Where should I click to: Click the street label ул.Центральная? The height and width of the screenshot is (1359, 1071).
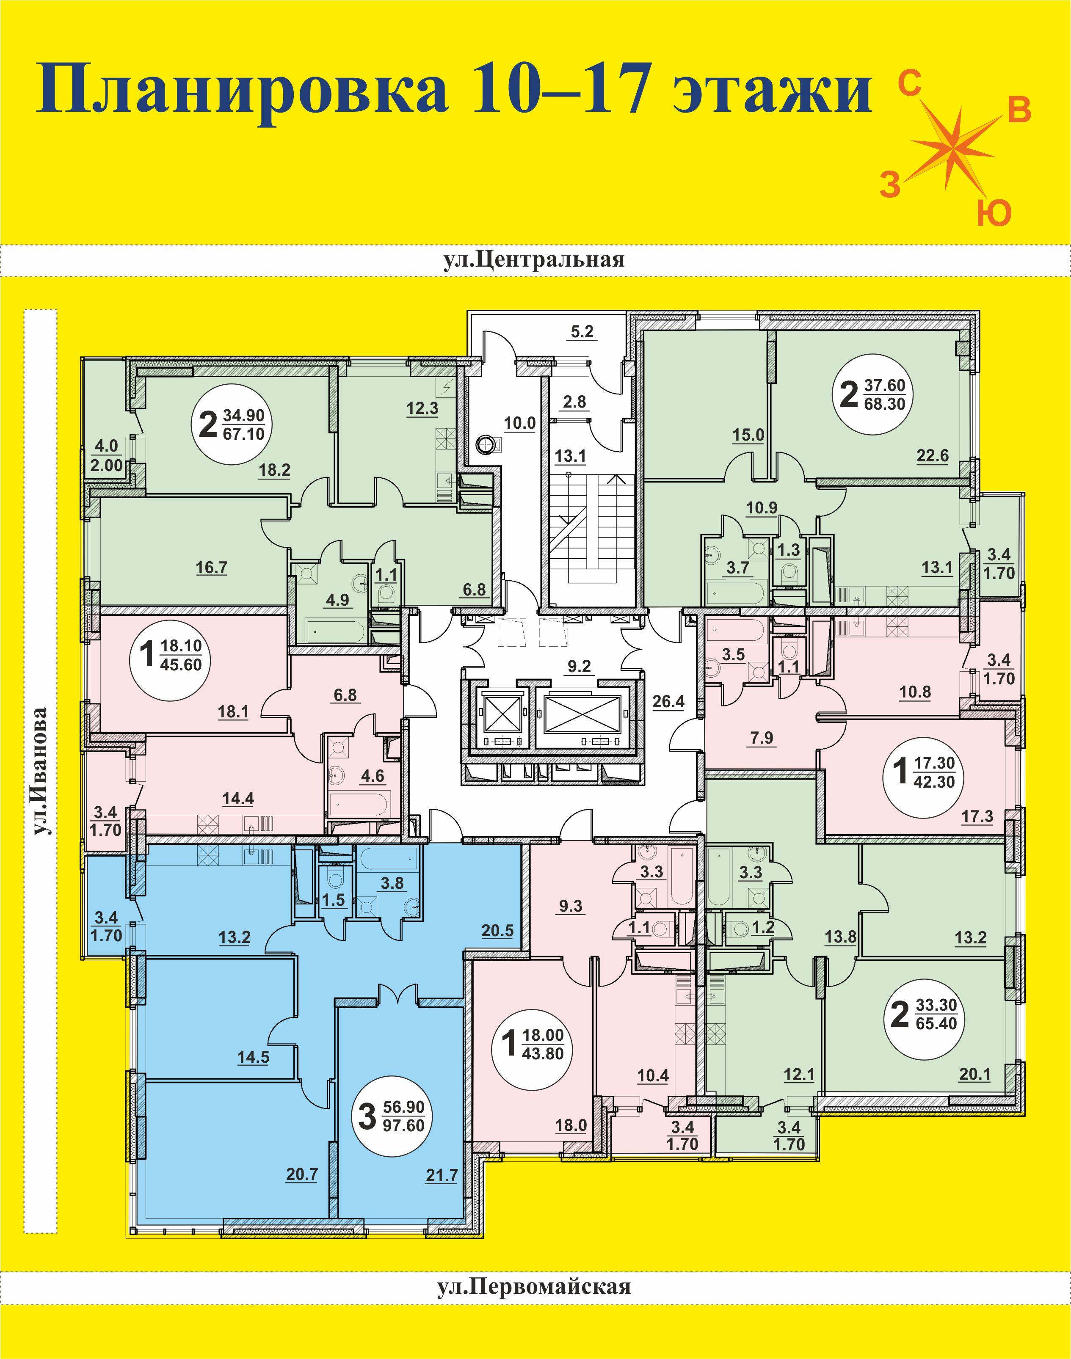click(534, 259)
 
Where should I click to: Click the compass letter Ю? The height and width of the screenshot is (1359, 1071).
click(994, 213)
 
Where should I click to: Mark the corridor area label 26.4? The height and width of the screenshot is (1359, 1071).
click(668, 701)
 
